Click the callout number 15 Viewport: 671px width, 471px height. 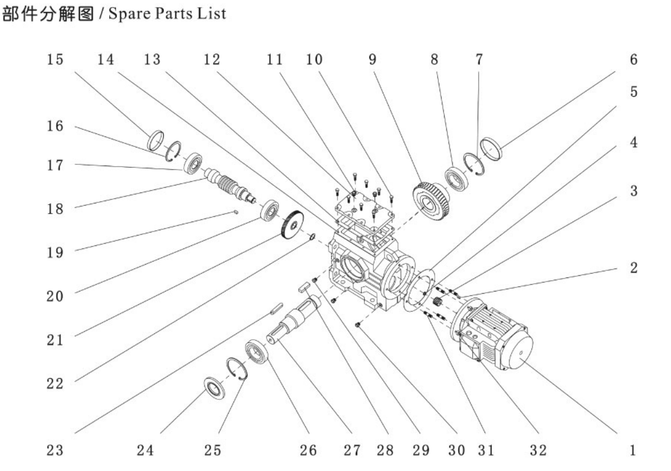click(57, 60)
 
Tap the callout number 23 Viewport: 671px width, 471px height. click(57, 450)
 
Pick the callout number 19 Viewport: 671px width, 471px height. click(57, 252)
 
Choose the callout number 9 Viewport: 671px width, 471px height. click(372, 60)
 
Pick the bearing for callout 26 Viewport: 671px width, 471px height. click(257, 350)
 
